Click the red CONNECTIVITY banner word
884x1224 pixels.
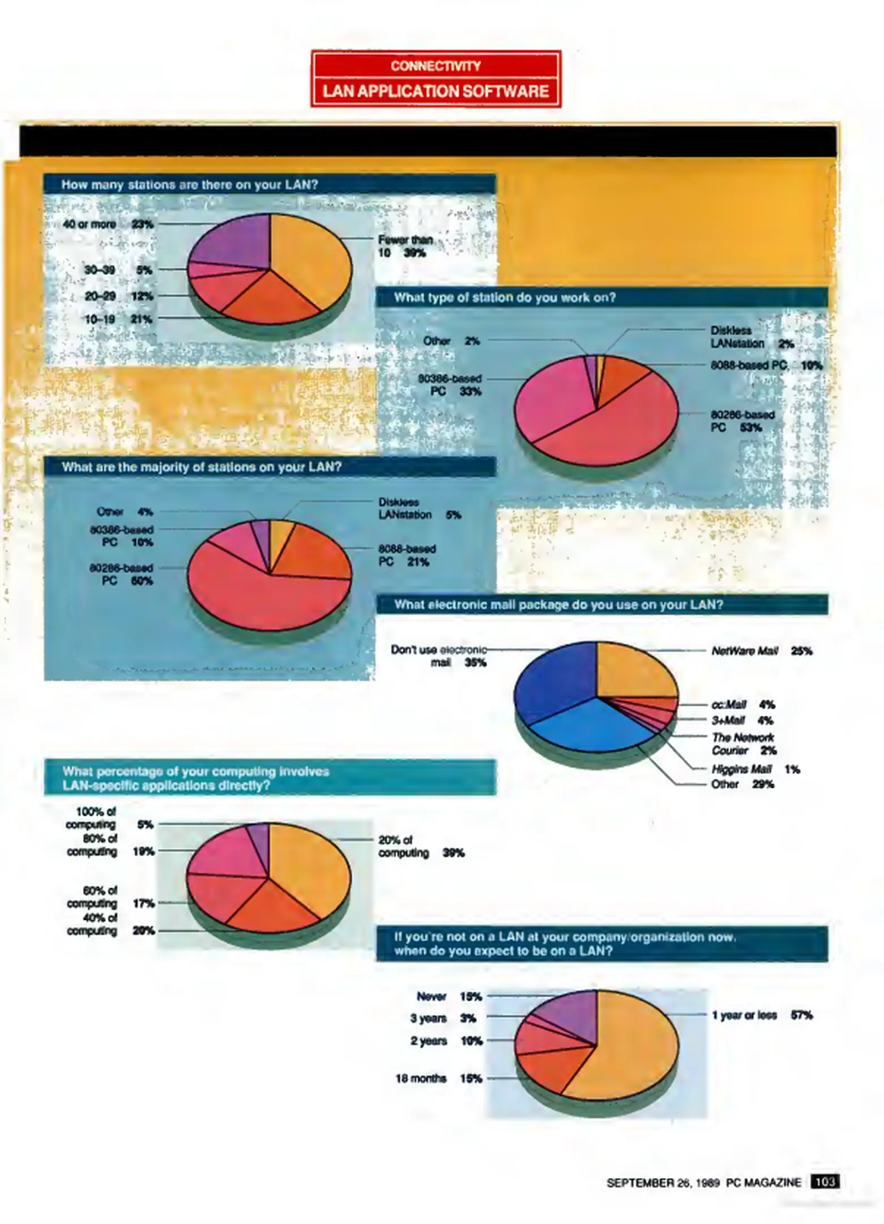click(x=435, y=66)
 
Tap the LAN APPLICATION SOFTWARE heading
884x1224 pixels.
click(x=435, y=91)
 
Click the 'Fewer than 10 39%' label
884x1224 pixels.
click(x=404, y=246)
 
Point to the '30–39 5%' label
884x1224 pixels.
click(x=118, y=270)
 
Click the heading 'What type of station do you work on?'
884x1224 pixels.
click(x=505, y=297)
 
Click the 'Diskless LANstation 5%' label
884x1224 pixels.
click(x=419, y=509)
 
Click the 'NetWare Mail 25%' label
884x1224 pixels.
click(x=761, y=651)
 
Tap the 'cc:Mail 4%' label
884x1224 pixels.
click(x=742, y=705)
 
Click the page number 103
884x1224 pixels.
click(x=825, y=1181)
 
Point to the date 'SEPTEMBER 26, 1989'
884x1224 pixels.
click(x=663, y=1183)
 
